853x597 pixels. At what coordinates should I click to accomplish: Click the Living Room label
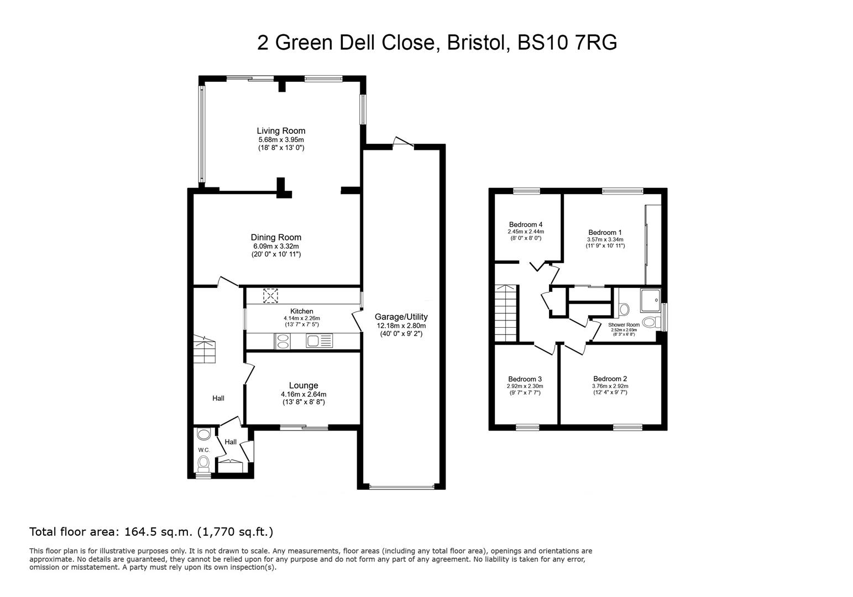281,131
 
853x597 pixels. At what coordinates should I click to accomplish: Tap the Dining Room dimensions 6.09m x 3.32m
276,246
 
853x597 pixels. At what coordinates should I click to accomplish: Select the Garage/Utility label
401,317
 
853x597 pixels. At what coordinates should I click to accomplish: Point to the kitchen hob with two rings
282,342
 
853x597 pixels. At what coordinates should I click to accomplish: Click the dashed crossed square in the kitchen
271,296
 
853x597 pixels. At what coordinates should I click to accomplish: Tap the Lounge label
303,385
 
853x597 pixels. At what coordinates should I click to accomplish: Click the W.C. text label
204,450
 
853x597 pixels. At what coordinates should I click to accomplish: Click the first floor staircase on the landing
506,313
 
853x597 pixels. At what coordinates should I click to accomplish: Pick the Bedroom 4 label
525,224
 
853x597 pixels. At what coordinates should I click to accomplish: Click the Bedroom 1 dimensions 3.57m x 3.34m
605,239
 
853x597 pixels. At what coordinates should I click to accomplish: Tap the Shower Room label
624,324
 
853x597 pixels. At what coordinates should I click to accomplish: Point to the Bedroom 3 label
525,379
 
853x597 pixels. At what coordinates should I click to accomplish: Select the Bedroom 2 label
610,379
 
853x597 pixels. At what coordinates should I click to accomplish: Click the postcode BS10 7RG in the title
567,43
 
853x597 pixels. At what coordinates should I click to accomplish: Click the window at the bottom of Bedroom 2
627,427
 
